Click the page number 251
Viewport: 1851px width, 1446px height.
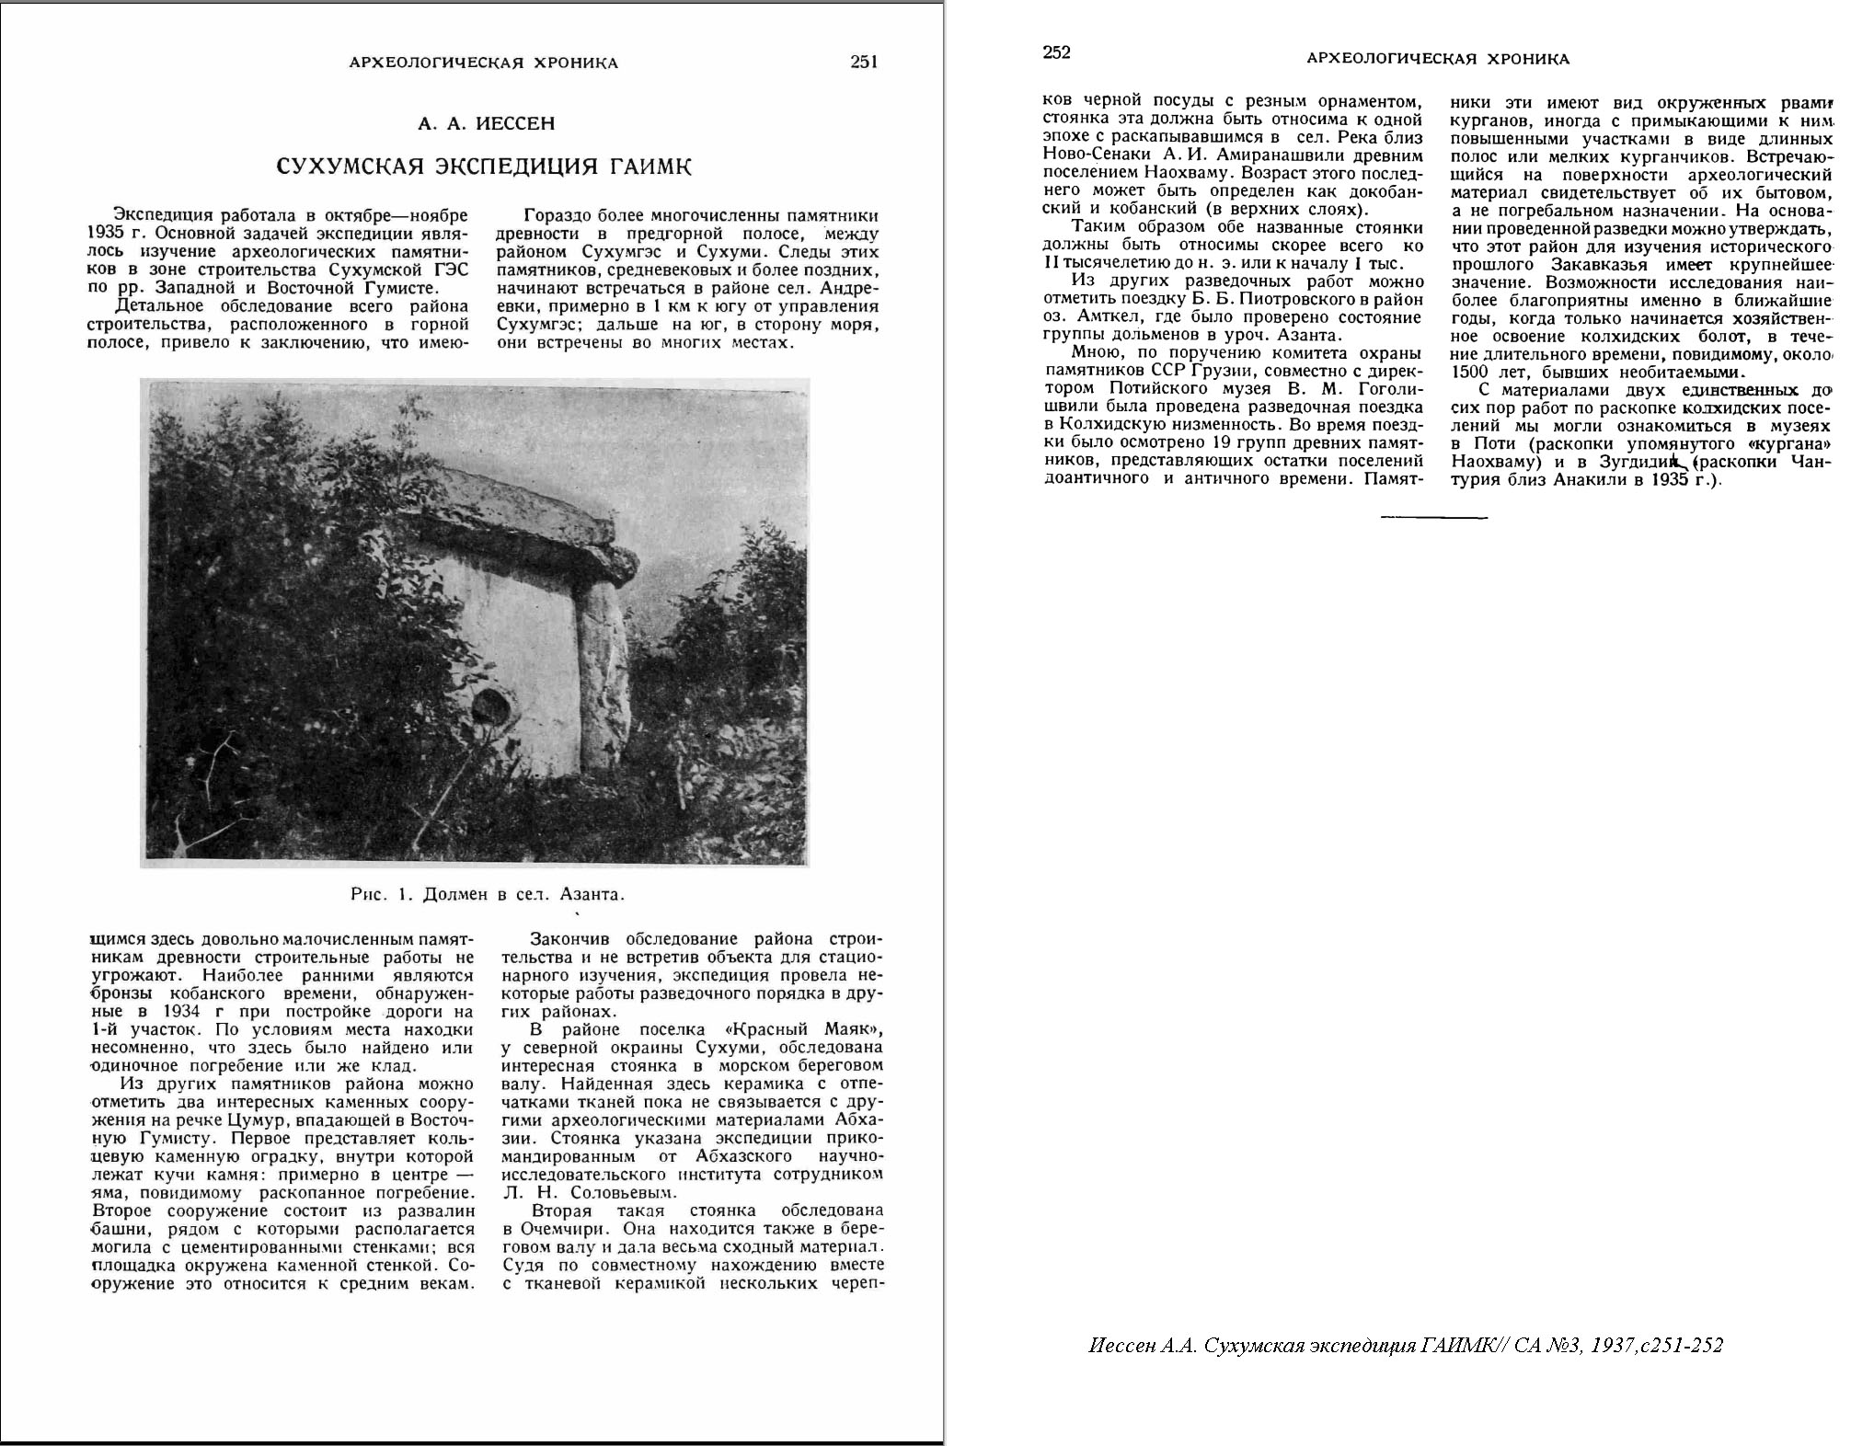coord(864,63)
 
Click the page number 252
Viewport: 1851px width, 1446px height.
coord(1057,52)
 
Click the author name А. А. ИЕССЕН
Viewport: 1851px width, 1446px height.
coord(486,123)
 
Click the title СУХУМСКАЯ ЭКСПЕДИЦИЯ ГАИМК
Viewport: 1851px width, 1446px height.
coord(485,166)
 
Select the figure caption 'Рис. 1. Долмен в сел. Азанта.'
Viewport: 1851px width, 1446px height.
coord(488,894)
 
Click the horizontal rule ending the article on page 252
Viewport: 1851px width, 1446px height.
coord(1433,518)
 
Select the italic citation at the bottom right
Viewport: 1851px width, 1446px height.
coord(1405,1346)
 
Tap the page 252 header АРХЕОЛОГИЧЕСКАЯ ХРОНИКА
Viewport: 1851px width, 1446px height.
coord(1438,59)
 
